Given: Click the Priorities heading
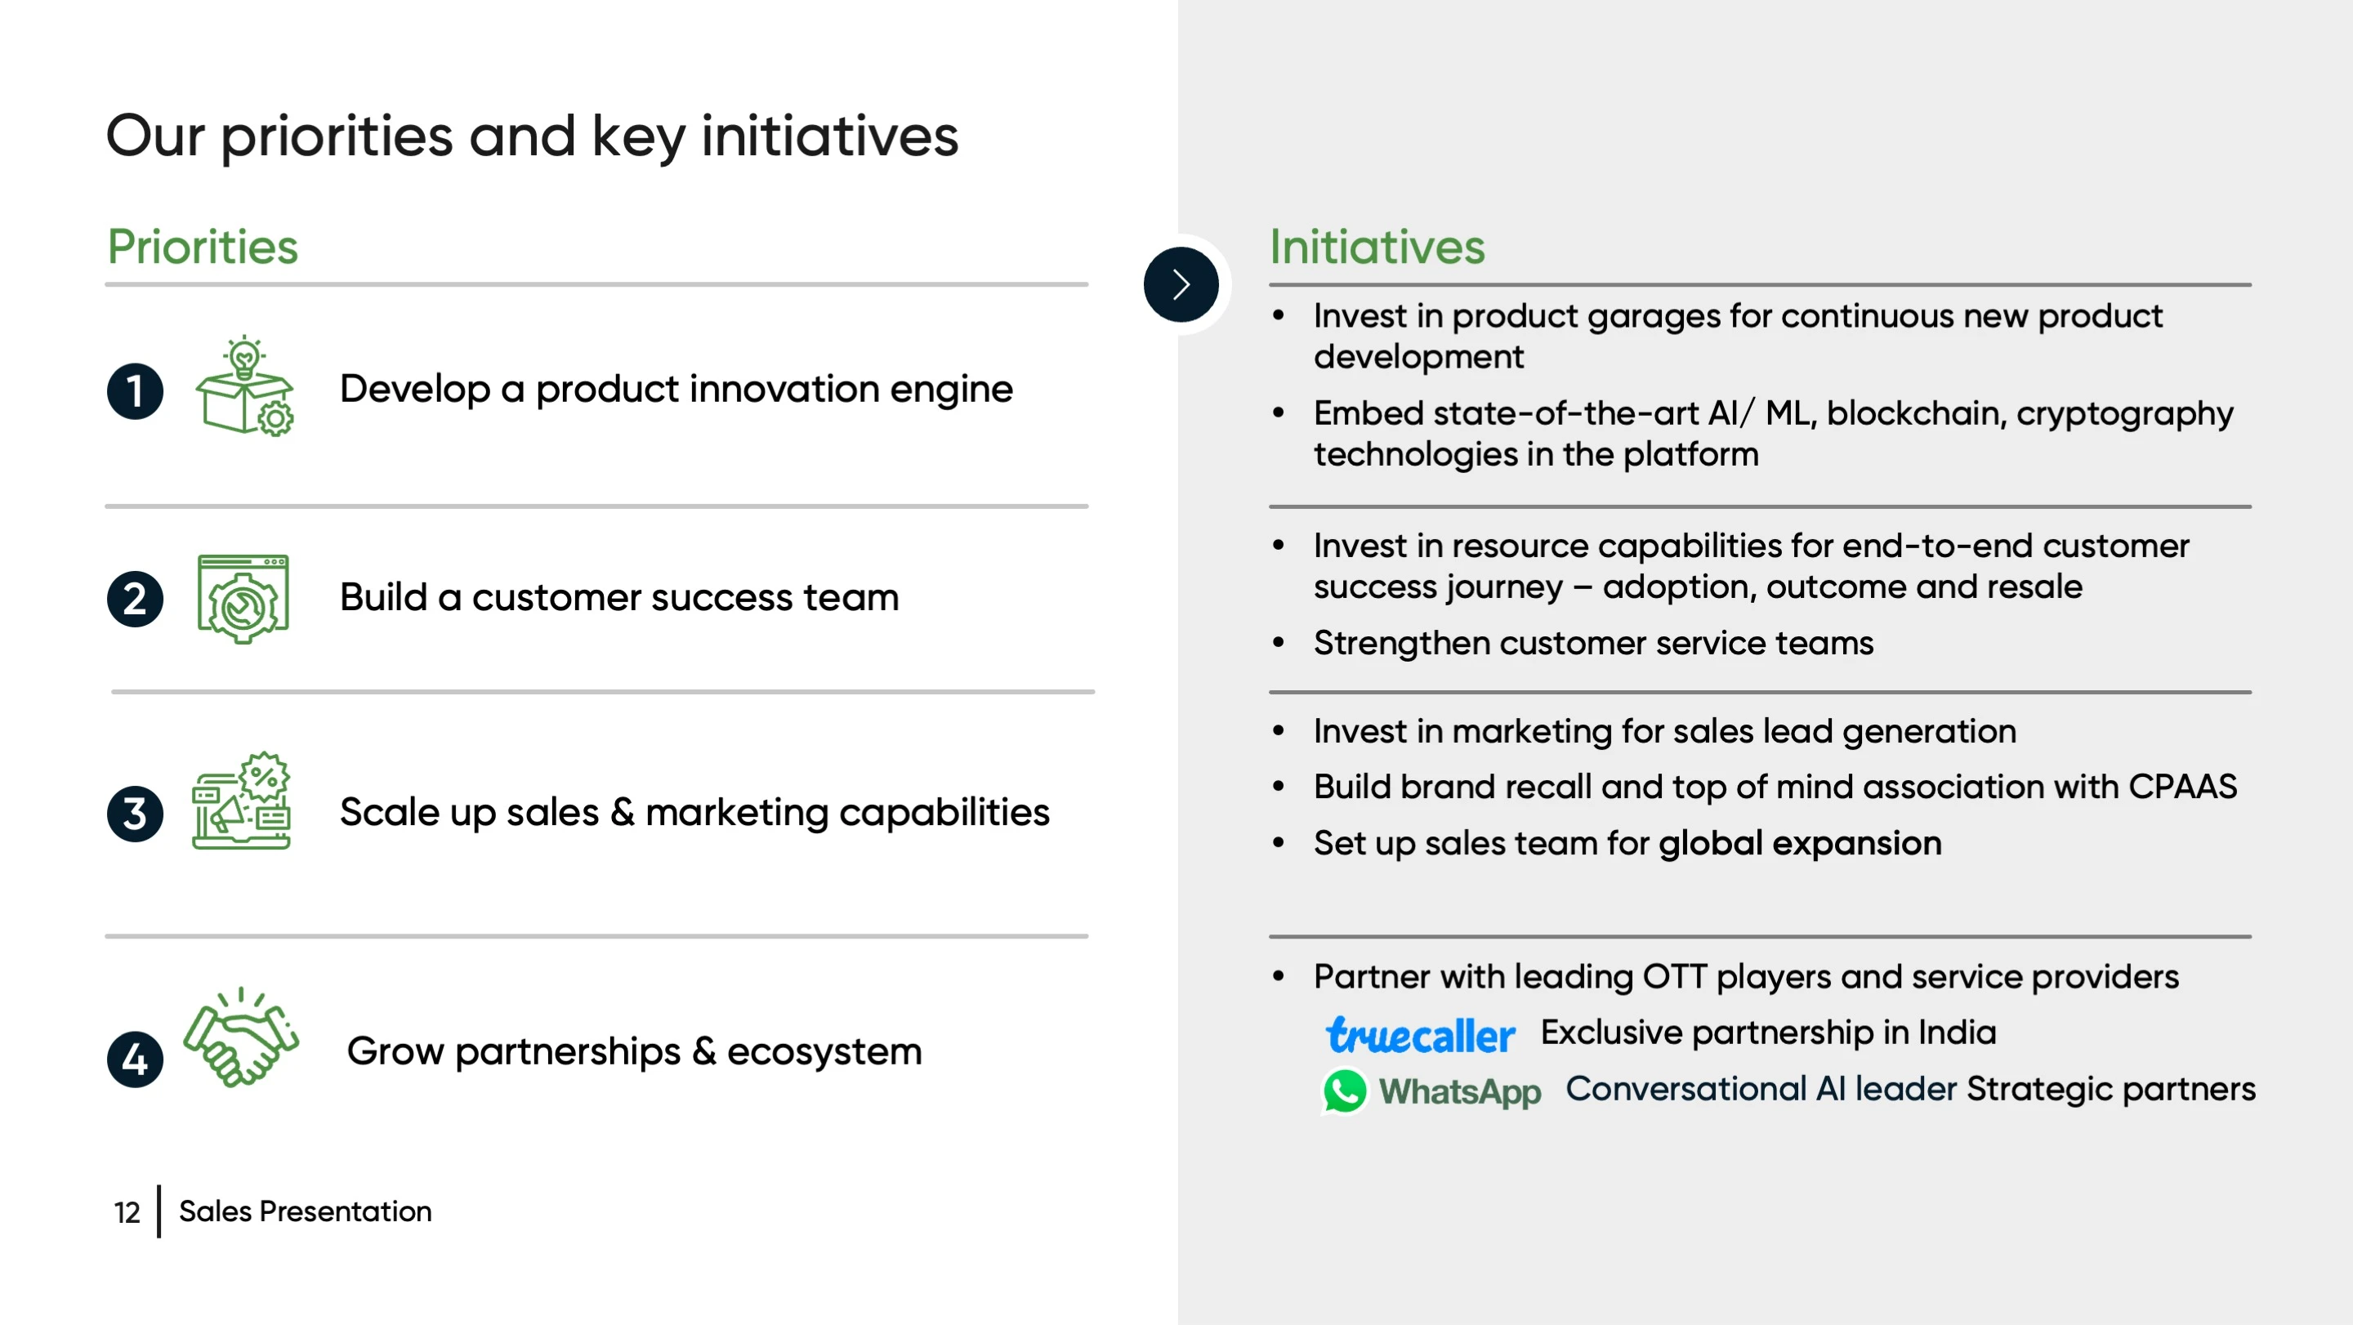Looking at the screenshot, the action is click(203, 247).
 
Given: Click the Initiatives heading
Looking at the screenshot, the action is click(1377, 247).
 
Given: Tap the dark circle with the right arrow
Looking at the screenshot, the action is click(1181, 284).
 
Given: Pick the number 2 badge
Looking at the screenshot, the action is click(135, 599).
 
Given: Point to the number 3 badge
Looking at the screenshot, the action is click(135, 813).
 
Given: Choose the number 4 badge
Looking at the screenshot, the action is click(135, 1060).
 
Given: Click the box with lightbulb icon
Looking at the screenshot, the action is click(245, 386).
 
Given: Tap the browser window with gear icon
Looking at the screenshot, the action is click(243, 599).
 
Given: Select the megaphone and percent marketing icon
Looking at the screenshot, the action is click(242, 801).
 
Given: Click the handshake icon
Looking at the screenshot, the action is click(241, 1037).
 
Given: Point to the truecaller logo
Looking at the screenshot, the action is click(1421, 1035).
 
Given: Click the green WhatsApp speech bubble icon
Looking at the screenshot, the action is click(1345, 1091).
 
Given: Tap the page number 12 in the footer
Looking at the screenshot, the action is click(127, 1211).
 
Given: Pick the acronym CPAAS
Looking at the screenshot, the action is click(2183, 786).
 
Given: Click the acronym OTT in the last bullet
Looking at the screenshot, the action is click(1674, 976).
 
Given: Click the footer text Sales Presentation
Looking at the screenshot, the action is click(305, 1211).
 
